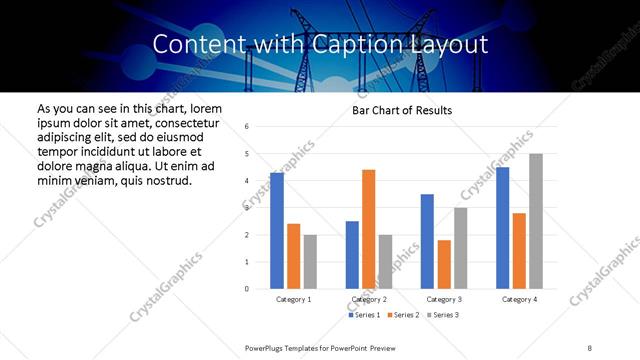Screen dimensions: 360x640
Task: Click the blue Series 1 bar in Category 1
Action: pyautogui.click(x=277, y=231)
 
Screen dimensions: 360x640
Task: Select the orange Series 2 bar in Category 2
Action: pyautogui.click(x=368, y=229)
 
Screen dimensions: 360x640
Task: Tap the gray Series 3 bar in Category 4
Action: pyautogui.click(x=536, y=221)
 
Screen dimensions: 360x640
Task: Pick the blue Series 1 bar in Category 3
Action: pyautogui.click(x=427, y=241)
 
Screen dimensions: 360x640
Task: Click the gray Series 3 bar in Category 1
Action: pyautogui.click(x=310, y=262)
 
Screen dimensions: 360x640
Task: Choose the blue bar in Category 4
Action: pyautogui.click(x=502, y=228)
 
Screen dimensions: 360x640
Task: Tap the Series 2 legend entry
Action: pyautogui.click(x=402, y=315)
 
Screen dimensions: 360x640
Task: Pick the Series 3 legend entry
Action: pyautogui.click(x=442, y=315)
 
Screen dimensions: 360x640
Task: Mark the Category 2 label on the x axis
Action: pyautogui.click(x=368, y=299)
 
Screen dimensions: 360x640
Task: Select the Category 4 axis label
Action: pyautogui.click(x=519, y=299)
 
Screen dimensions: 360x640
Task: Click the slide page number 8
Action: pyautogui.click(x=590, y=347)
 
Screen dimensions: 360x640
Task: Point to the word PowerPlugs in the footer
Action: pyautogui.click(x=265, y=347)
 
